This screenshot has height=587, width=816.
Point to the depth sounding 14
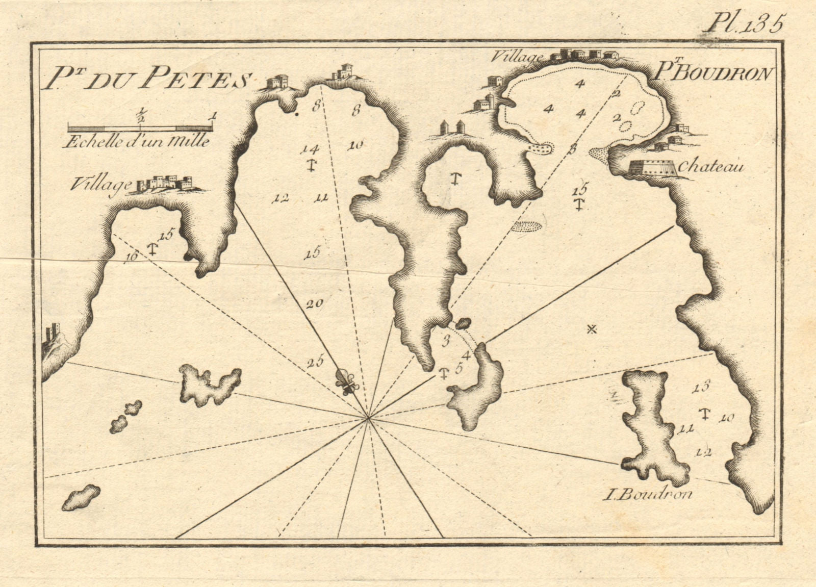(x=310, y=149)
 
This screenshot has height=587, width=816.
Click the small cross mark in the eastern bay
(x=592, y=329)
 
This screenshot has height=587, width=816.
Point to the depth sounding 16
(x=132, y=257)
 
